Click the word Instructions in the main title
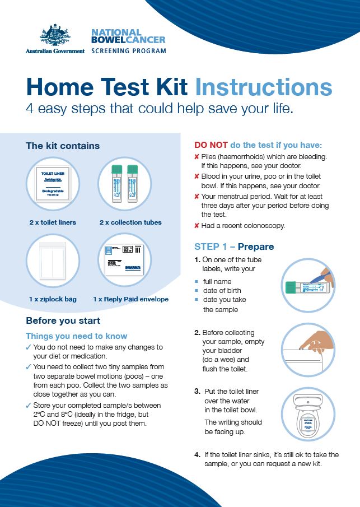[x=263, y=87]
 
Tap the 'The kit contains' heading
[x=63, y=146]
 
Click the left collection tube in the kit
[x=117, y=183]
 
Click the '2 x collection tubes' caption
[x=130, y=222]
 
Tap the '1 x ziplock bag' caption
[x=53, y=299]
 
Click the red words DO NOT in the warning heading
[x=211, y=145]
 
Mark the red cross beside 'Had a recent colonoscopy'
[x=197, y=226]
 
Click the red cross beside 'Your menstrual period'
[x=197, y=197]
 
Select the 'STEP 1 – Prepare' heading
[x=234, y=246]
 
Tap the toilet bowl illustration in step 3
[x=308, y=413]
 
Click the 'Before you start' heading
[x=63, y=320]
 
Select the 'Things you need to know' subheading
[x=77, y=336]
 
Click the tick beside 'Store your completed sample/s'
[x=29, y=405]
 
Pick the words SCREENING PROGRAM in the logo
[x=128, y=50]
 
